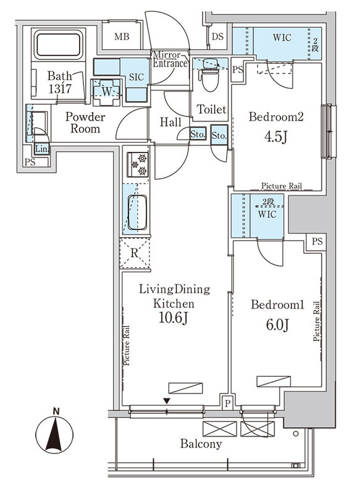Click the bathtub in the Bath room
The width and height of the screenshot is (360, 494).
pos(58,44)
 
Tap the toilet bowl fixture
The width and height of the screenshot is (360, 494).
pos(210,75)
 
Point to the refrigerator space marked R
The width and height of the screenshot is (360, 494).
pos(135,253)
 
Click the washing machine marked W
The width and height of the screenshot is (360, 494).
pos(106,92)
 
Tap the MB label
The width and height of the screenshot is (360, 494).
pos(122,37)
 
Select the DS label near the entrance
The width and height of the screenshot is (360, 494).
pos(217,36)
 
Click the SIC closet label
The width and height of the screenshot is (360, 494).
pos(136,77)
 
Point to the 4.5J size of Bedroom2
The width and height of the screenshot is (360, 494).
pos(276,137)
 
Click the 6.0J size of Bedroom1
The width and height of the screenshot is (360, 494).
pos(277,325)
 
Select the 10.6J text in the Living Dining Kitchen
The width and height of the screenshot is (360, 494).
pos(174,318)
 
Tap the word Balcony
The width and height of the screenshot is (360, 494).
pos(201,444)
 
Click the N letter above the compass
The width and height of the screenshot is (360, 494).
pos(56,411)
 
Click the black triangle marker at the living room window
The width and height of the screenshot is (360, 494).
pos(167,401)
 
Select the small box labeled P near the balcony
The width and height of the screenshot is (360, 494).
pos(227,403)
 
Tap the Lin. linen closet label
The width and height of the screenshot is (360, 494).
pos(41,149)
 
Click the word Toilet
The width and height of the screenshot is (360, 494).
pos(212,109)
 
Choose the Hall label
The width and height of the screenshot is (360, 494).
pos(170,122)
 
